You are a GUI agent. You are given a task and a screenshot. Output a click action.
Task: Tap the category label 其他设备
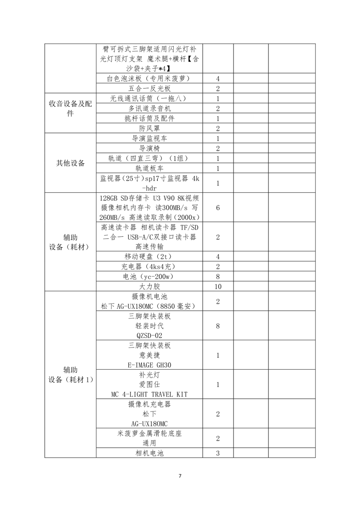(70, 163)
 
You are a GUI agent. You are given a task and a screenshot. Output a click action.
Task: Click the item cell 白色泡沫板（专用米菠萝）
(149, 78)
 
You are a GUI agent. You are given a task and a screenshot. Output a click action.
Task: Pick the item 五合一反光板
(149, 88)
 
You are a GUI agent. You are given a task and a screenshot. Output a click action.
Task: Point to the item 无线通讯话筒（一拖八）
(149, 98)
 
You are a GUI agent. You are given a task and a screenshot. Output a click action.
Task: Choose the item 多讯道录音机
(149, 108)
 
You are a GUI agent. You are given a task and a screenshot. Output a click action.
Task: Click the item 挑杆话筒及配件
(149, 118)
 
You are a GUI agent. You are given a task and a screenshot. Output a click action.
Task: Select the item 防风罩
(149, 128)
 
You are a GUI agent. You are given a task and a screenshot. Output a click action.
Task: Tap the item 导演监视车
(149, 138)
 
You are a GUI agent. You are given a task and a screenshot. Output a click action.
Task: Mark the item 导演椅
(149, 148)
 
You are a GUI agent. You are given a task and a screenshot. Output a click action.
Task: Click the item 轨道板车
(149, 168)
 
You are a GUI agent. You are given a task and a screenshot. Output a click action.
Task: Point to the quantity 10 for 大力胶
(218, 287)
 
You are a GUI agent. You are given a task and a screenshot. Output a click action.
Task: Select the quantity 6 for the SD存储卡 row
(218, 208)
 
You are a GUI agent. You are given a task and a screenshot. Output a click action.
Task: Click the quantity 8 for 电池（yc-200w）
(218, 277)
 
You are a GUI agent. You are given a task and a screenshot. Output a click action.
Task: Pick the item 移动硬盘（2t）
(149, 257)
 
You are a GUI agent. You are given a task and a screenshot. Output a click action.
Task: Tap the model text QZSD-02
(149, 336)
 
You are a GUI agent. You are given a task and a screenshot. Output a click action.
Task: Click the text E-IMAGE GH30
(149, 365)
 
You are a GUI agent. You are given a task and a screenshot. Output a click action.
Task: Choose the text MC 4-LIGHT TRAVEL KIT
(149, 394)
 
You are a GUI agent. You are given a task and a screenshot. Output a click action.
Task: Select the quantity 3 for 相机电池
(218, 453)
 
